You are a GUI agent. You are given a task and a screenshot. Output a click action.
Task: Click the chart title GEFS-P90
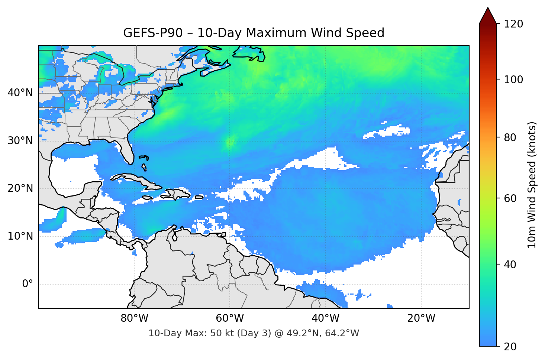point(254,33)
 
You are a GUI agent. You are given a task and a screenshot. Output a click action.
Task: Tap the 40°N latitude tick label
point(20,93)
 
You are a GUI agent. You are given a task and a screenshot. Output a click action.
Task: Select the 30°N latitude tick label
point(20,140)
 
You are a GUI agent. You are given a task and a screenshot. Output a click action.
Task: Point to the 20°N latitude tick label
point(20,188)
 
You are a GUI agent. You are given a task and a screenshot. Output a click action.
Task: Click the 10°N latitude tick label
point(20,236)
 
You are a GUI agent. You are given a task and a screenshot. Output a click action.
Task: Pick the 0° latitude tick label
point(28,284)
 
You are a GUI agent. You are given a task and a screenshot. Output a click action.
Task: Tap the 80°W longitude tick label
point(134,318)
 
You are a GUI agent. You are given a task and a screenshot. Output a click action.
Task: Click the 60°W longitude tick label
point(230,318)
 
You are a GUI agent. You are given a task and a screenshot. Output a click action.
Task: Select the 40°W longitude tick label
point(325,318)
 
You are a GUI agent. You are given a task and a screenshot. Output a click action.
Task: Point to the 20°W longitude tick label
point(421,318)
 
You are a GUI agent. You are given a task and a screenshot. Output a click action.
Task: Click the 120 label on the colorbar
point(513,24)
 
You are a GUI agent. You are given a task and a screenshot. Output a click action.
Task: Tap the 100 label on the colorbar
point(513,80)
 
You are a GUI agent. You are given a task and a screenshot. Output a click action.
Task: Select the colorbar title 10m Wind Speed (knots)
point(532,185)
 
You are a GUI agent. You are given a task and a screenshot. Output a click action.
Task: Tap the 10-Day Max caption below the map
point(254,333)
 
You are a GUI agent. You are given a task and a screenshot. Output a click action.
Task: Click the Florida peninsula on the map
point(127,150)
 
